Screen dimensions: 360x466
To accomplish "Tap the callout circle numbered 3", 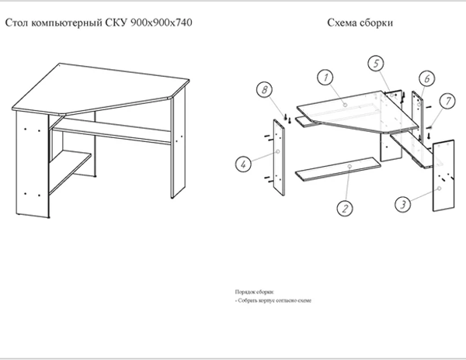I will (x=403, y=205).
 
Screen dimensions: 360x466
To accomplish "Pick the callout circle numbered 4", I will (x=242, y=163).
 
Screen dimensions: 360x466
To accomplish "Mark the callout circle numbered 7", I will (x=447, y=101).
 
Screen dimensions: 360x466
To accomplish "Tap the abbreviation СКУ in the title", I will (x=117, y=23).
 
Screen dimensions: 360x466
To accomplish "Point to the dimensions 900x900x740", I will (x=162, y=23).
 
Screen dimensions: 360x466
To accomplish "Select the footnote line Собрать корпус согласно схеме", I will (x=273, y=299).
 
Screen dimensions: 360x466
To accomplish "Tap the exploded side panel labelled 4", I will (x=280, y=155).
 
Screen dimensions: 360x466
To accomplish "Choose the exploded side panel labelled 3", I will (x=443, y=175).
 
